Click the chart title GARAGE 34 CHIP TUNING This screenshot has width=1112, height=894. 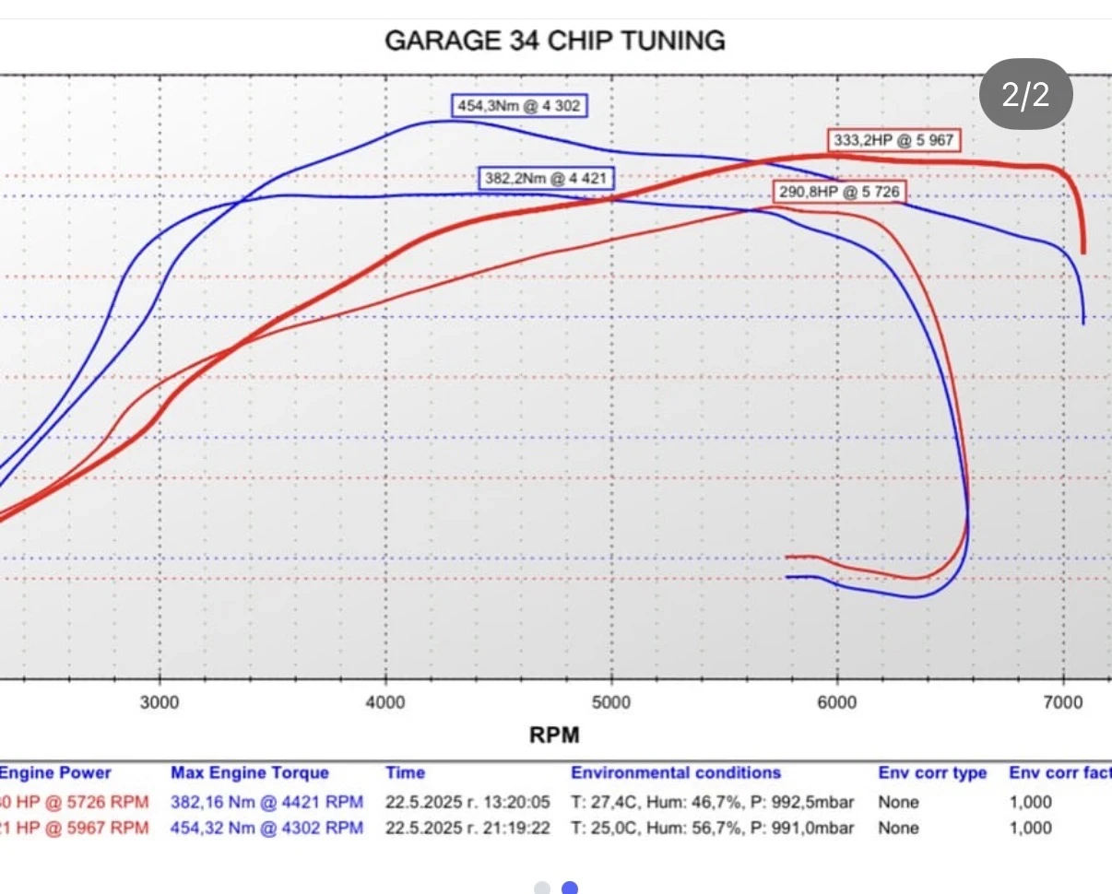click(554, 41)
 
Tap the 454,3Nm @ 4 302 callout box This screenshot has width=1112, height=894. click(519, 106)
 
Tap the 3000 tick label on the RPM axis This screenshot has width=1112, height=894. click(160, 703)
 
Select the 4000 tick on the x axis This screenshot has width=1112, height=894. click(385, 703)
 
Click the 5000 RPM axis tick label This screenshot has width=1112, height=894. click(611, 703)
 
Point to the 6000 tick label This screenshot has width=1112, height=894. click(837, 703)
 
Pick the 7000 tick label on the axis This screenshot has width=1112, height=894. click(1063, 703)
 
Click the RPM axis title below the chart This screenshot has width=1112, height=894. click(554, 735)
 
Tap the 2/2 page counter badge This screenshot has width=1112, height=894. click(1025, 94)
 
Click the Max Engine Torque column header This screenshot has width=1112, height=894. click(249, 773)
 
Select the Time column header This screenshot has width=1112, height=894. click(405, 773)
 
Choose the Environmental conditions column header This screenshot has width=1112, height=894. click(676, 773)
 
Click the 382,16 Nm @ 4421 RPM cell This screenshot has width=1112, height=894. click(266, 802)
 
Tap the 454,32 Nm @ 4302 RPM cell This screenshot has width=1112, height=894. click(266, 828)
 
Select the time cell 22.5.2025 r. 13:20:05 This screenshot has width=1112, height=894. click(467, 802)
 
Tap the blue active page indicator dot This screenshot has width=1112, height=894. click(570, 888)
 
